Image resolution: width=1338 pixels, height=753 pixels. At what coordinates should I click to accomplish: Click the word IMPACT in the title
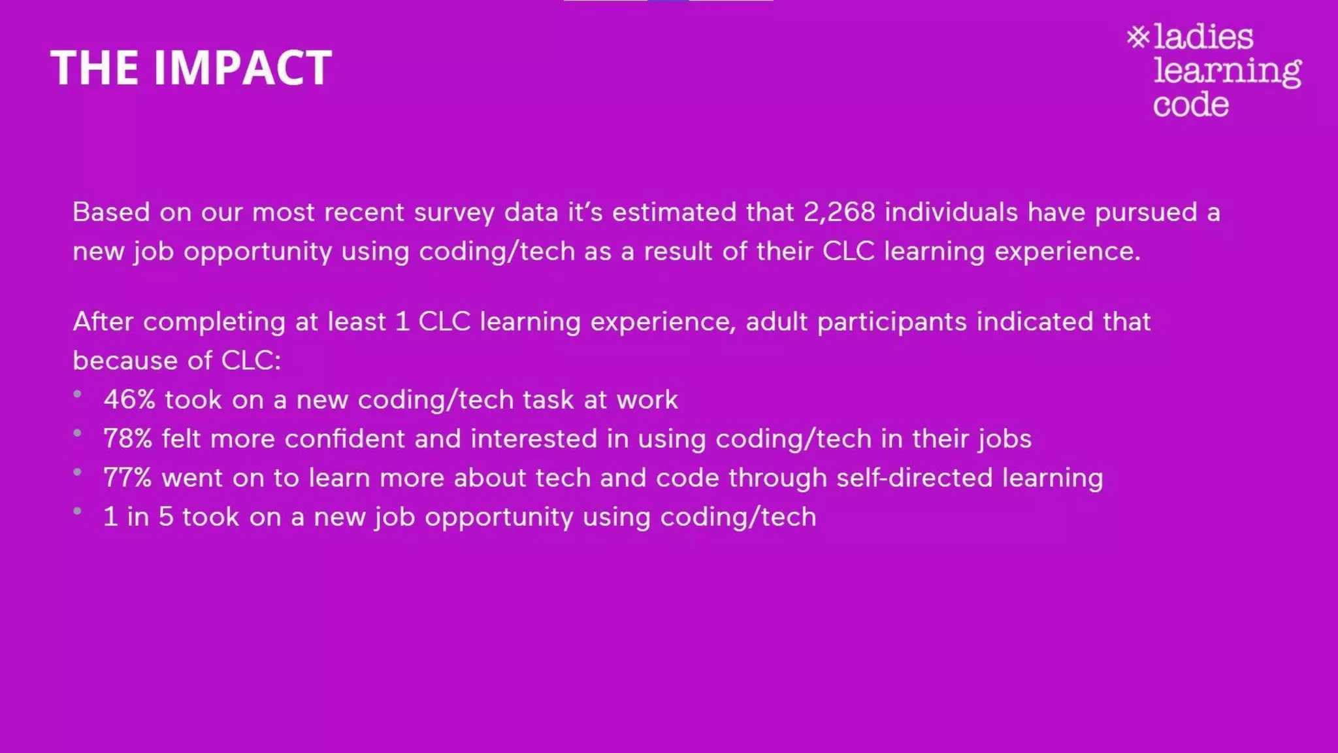pyautogui.click(x=242, y=68)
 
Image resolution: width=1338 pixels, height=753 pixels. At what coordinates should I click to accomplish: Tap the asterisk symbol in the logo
pyautogui.click(x=1137, y=37)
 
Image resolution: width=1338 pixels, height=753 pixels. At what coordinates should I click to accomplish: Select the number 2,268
pyautogui.click(x=839, y=212)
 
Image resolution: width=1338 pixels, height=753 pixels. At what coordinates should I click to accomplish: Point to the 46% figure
pyautogui.click(x=129, y=400)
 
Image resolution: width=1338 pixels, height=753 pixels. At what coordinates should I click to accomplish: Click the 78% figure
pyautogui.click(x=127, y=439)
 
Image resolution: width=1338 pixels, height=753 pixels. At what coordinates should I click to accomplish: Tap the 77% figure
pyautogui.click(x=127, y=478)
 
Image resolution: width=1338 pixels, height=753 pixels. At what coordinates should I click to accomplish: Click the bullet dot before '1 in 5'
pyautogui.click(x=78, y=511)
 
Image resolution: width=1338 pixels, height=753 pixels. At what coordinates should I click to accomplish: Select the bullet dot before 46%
pyautogui.click(x=78, y=393)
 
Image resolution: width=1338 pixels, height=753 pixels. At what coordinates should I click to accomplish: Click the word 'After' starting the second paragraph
pyautogui.click(x=103, y=322)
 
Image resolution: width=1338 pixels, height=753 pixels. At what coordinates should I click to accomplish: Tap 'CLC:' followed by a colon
pyautogui.click(x=251, y=361)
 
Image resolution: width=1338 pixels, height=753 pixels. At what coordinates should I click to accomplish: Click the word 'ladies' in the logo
pyautogui.click(x=1203, y=37)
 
